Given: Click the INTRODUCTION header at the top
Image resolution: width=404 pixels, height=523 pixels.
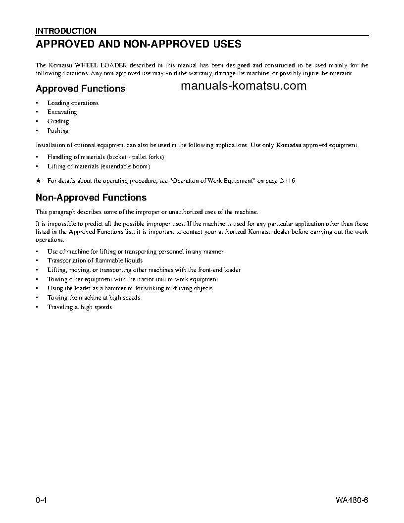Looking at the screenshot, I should coord(66,31).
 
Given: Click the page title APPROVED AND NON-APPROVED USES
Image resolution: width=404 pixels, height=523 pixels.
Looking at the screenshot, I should coord(139,44).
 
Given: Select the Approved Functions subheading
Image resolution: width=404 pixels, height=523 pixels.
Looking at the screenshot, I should coord(80,89).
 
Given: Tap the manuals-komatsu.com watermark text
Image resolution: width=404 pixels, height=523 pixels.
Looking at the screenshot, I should coord(244,86).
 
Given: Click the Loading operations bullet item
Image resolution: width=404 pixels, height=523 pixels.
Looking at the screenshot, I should coord(73,103).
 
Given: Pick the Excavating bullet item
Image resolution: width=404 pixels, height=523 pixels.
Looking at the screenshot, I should coord(62,112).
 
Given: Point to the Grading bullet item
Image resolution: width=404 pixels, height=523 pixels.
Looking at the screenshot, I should coord(58,121).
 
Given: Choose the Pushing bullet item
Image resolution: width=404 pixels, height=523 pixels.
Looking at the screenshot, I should coord(58,131).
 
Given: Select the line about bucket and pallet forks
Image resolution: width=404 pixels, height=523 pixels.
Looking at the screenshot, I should coord(105,157).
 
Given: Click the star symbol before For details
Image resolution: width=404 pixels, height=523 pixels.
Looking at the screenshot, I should coord(38,181).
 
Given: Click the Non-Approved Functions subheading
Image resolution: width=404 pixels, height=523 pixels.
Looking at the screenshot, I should coord(91,198).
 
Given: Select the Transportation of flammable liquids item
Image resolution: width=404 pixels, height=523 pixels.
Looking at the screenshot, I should coord(95,261).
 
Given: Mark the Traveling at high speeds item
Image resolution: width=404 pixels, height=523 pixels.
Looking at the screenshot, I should coord(79,307).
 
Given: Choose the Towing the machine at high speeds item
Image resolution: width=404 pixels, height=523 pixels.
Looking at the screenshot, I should coord(94,298).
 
